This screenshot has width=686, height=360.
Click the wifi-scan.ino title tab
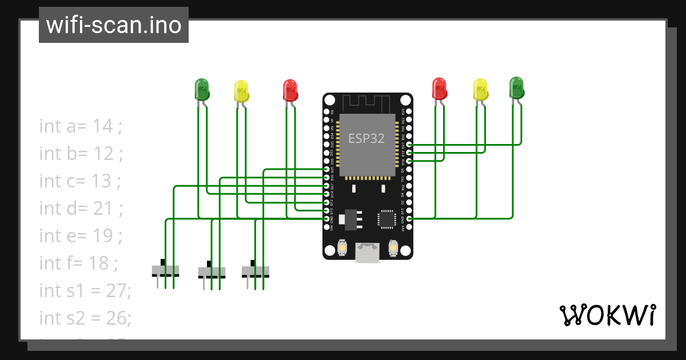[x=113, y=25]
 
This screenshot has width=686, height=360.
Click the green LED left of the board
[x=202, y=89]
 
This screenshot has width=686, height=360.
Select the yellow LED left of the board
[x=241, y=91]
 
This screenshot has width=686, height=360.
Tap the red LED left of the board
[x=290, y=90]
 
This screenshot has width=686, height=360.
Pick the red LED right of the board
[x=439, y=88]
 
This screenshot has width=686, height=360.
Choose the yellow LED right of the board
[x=481, y=89]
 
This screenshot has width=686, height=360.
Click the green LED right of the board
[x=516, y=87]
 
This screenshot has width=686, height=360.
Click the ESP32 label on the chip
[x=366, y=138]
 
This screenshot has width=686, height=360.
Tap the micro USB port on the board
[x=367, y=252]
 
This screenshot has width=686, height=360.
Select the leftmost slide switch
[x=166, y=270]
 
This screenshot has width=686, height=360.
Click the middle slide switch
[x=212, y=271]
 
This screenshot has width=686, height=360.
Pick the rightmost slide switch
[x=255, y=270]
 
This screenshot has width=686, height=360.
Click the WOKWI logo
[x=607, y=315]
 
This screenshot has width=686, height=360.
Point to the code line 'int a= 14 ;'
[x=81, y=126]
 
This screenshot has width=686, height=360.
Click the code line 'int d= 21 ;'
[x=81, y=208]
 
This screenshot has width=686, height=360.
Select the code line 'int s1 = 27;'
[x=85, y=290]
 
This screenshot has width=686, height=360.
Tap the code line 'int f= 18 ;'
[x=78, y=263]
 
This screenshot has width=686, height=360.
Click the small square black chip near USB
[x=386, y=219]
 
